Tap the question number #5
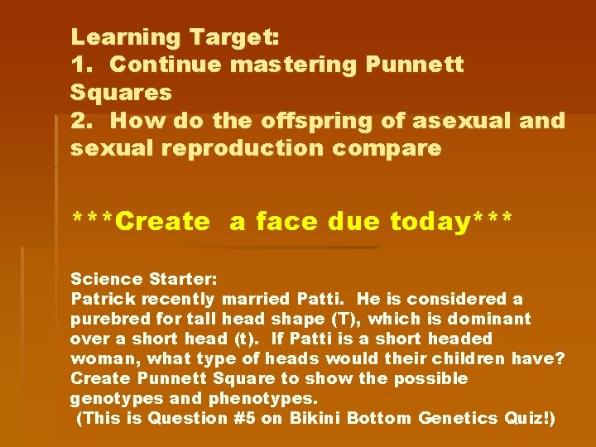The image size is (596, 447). (244, 418)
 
